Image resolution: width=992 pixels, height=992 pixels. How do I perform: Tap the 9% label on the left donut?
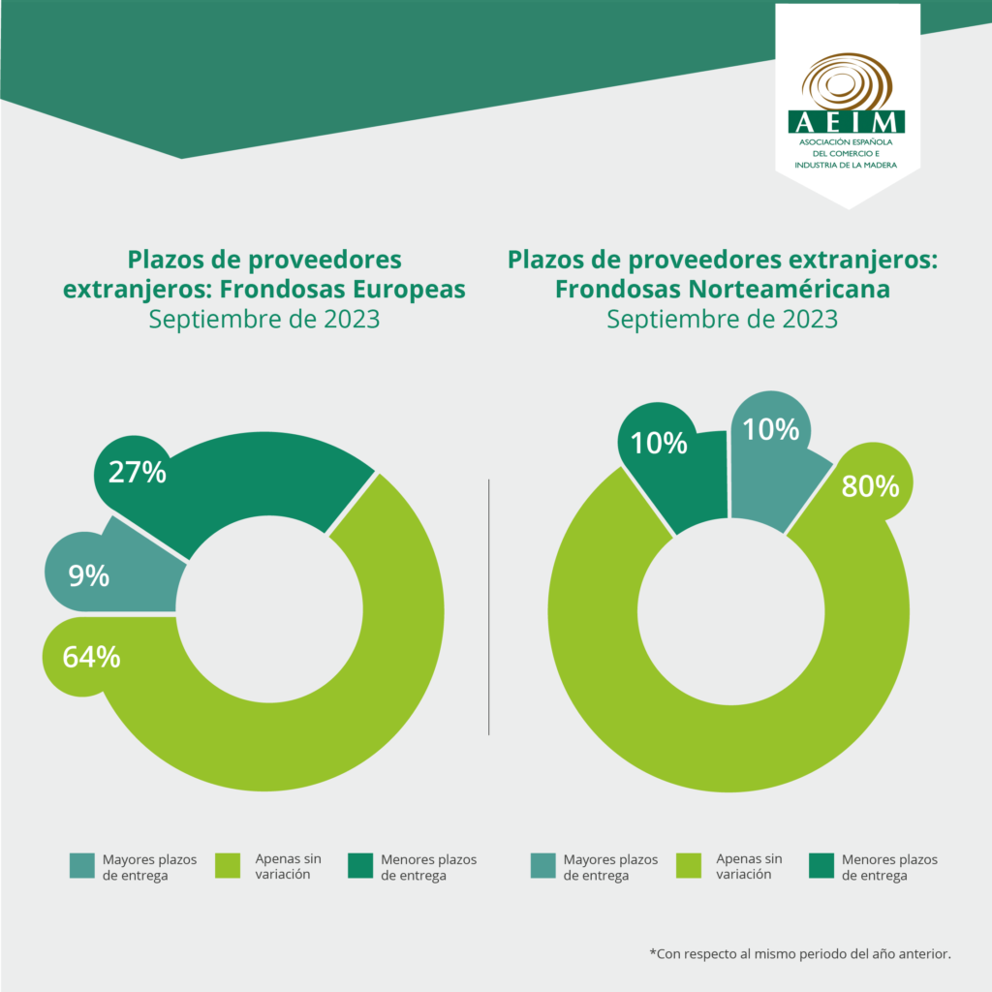(88, 575)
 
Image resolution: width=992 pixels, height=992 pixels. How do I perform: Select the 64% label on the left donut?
(91, 657)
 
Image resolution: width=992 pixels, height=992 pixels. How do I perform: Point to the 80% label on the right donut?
(870, 485)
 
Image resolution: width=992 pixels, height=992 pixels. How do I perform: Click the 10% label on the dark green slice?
(659, 443)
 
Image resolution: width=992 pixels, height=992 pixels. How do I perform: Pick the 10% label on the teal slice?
(771, 428)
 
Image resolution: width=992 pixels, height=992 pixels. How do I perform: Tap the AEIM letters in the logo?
(848, 122)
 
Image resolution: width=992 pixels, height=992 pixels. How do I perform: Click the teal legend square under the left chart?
(82, 866)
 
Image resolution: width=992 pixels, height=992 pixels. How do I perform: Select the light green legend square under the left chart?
(227, 866)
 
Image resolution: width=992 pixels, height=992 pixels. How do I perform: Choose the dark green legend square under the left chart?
(360, 866)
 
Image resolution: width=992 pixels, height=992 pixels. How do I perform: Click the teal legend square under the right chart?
(543, 866)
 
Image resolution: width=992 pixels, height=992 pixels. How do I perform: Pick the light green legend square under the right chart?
(688, 866)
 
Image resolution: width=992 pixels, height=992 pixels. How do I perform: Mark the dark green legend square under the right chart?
(821, 866)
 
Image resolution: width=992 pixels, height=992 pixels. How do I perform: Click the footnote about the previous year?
(800, 954)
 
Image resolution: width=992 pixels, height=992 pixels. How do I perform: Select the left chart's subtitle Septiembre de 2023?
(263, 320)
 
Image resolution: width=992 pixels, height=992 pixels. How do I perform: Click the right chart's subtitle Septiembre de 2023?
(722, 320)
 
